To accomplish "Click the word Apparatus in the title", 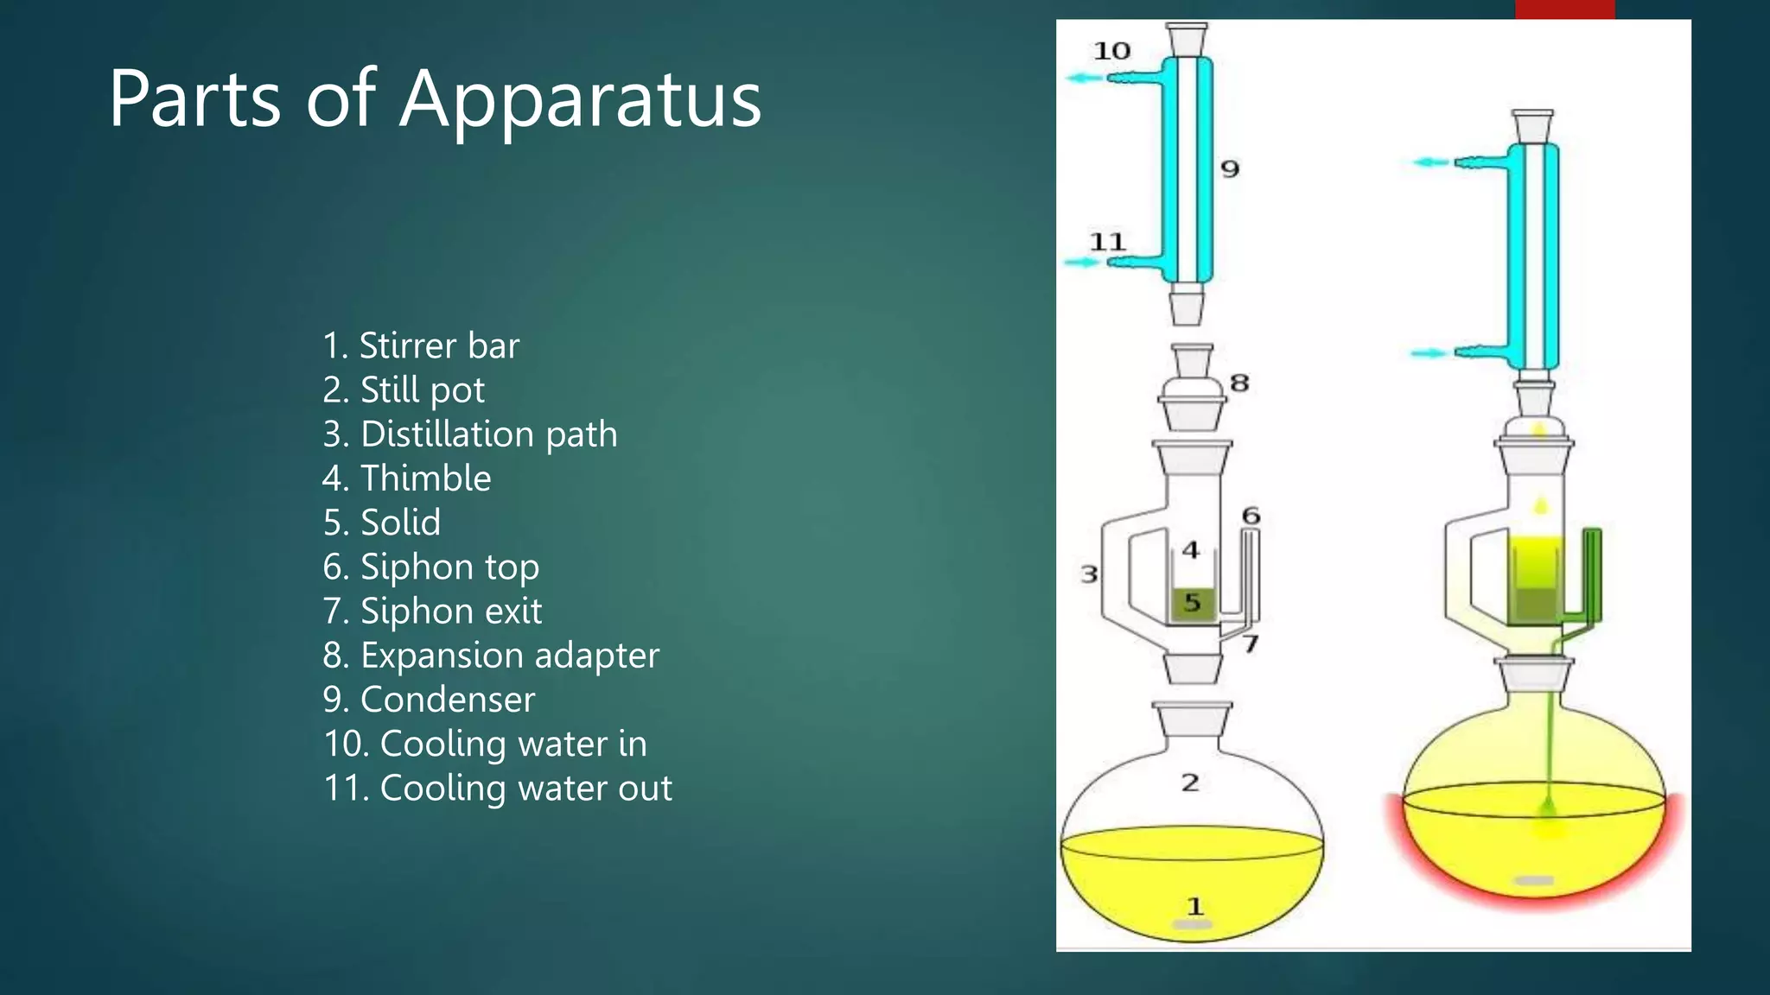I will point(580,100).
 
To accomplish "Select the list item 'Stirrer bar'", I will point(421,345).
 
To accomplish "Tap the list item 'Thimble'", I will point(406,478).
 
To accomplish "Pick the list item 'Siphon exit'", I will point(432,612).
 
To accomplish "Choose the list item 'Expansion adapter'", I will point(491,656).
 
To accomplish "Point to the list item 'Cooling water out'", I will point(498,789).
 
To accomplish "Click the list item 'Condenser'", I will point(429,700).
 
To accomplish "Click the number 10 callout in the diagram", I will point(1111,51).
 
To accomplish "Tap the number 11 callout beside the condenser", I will point(1107,242).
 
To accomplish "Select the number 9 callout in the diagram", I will point(1230,168).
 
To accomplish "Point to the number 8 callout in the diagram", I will point(1239,383).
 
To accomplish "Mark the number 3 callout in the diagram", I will point(1089,574).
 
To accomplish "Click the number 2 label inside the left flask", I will point(1190,783).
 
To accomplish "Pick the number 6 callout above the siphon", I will point(1251,516).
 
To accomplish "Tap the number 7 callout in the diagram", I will point(1251,643).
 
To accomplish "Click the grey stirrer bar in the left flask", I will point(1193,925).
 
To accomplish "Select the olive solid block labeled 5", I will point(1193,603).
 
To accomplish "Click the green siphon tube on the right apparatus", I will point(1592,574).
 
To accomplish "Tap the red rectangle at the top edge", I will point(1564,9).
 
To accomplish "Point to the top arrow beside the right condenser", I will point(1431,162).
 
